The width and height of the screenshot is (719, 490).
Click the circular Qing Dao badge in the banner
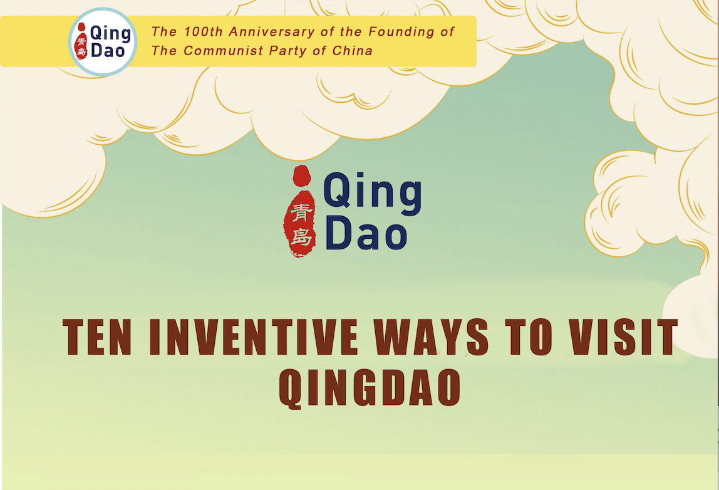(x=103, y=42)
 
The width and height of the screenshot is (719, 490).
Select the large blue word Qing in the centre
(x=372, y=193)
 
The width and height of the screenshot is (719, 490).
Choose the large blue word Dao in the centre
(x=366, y=233)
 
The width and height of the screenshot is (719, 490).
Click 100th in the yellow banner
(x=203, y=32)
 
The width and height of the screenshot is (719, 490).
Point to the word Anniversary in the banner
(x=272, y=32)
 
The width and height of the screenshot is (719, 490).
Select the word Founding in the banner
(x=401, y=32)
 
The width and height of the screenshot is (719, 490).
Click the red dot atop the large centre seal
(x=302, y=175)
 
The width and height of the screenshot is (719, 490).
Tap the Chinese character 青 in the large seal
(x=301, y=212)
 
